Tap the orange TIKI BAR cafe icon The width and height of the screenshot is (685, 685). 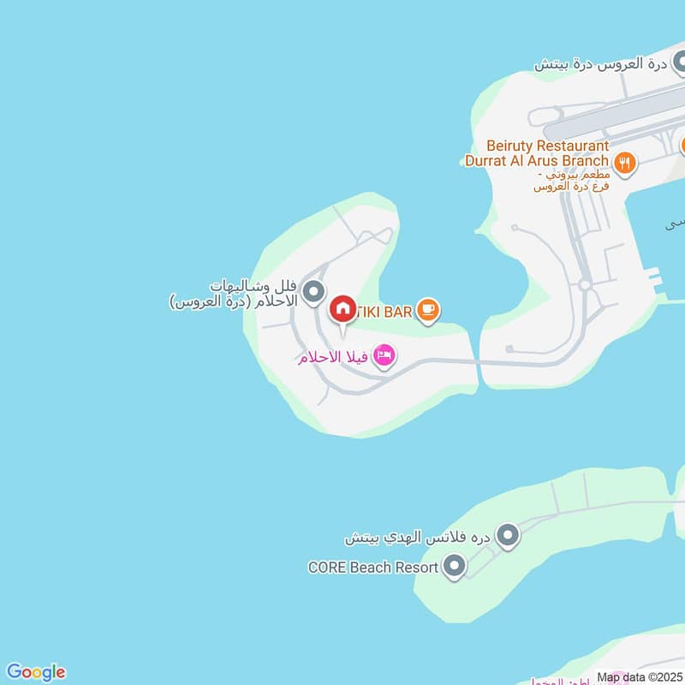[x=429, y=310]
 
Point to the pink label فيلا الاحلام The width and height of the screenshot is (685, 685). [x=333, y=356]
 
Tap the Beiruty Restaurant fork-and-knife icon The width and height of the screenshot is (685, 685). [x=625, y=161]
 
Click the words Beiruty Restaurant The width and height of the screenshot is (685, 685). [x=547, y=146]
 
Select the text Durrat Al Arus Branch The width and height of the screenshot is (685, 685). [x=537, y=160]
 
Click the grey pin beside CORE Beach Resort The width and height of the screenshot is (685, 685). [x=456, y=566]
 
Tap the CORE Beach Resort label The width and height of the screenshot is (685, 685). [x=373, y=567]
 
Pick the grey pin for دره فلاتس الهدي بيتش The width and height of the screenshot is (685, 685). [x=509, y=537]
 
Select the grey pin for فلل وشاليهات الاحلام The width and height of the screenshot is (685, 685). [x=315, y=292]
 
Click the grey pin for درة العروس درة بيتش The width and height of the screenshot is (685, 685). [x=679, y=62]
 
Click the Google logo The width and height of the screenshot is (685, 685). [x=36, y=672]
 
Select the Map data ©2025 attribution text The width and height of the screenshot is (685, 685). [x=638, y=677]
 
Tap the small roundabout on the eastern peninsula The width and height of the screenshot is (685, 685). [x=585, y=284]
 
